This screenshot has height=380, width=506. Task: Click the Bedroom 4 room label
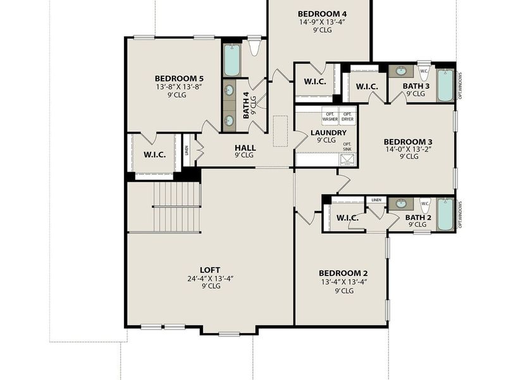[x=323, y=13]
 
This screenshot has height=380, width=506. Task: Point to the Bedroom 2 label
[x=344, y=273]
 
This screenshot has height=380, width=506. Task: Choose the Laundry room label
[x=328, y=132]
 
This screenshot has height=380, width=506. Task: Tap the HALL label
[x=244, y=147]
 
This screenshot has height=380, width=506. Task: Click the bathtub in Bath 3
[x=445, y=85]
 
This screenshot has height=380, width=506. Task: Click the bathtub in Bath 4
[x=231, y=60]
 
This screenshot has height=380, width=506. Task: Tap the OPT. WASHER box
[x=330, y=117]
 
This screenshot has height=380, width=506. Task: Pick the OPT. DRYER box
[x=348, y=117]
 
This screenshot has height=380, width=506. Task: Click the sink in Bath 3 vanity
[x=401, y=72]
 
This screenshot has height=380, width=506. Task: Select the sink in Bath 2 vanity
[x=401, y=203]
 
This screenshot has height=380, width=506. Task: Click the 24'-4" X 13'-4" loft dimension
[x=210, y=278]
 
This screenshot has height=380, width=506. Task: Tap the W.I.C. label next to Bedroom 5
[x=155, y=154]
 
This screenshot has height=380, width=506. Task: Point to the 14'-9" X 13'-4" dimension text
[x=323, y=22]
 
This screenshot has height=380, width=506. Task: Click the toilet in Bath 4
[x=255, y=47]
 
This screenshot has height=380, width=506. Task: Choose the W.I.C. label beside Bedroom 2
[x=347, y=218]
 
